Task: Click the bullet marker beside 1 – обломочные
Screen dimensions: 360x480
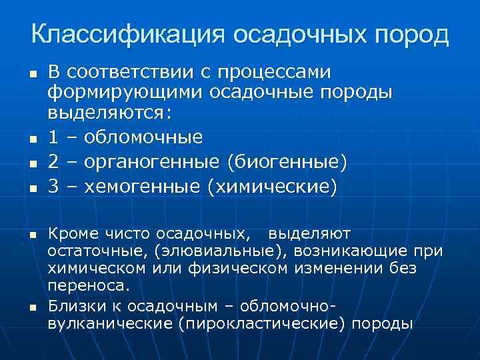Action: click(x=32, y=139)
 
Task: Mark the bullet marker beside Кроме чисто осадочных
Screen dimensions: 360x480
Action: click(x=32, y=235)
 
